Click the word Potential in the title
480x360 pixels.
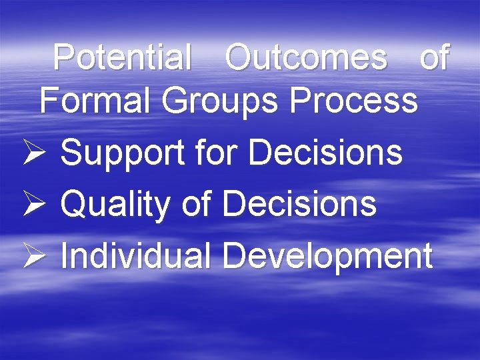122,58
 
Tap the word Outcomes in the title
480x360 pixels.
306,58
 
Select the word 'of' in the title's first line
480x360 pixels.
435,58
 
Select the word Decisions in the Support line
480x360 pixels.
325,153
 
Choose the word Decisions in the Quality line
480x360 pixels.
299,203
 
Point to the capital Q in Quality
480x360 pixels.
72,204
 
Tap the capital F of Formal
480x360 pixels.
48,101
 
